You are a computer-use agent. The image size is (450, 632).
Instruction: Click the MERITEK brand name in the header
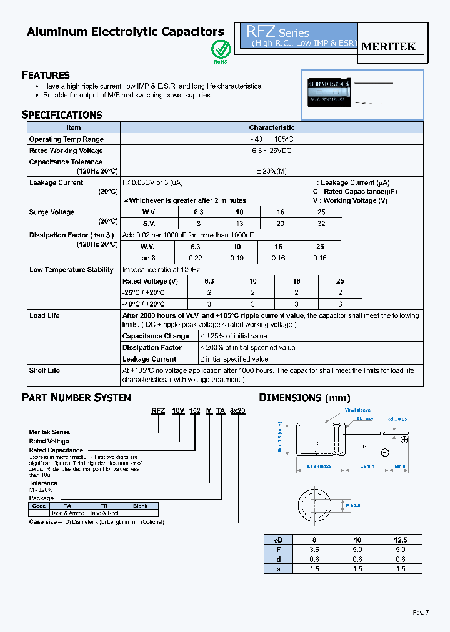(389, 46)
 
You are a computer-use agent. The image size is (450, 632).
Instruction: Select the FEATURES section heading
(46, 75)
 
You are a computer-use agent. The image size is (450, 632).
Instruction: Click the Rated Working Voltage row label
(66, 151)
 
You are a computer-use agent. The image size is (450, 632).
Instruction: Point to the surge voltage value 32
(321, 223)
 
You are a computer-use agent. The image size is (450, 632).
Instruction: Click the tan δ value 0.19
(237, 258)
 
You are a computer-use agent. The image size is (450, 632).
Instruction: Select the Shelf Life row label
(45, 370)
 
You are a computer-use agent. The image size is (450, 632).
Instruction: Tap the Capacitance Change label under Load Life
(156, 336)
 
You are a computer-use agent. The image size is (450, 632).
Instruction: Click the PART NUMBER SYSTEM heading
(77, 398)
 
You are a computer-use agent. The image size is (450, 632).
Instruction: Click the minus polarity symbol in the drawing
(384, 453)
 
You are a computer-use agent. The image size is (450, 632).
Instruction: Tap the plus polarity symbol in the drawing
(404, 440)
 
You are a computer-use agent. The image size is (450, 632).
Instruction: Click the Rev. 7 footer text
(421, 612)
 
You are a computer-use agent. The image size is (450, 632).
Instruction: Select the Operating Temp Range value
(272, 139)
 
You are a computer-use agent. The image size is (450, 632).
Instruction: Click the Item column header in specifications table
(74, 127)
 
